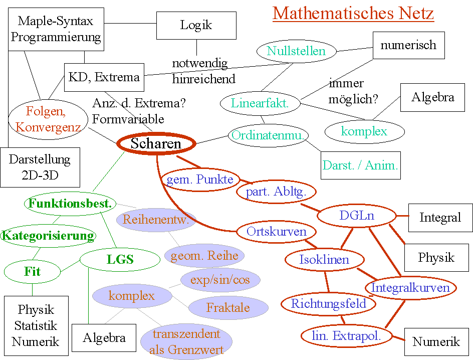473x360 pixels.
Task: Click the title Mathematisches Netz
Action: click(x=353, y=13)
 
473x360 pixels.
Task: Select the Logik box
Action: click(x=196, y=25)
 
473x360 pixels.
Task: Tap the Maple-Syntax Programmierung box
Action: click(x=56, y=29)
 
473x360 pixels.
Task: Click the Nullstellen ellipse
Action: click(x=296, y=51)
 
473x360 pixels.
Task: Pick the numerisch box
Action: click(x=408, y=45)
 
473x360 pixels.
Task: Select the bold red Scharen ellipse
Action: click(x=156, y=144)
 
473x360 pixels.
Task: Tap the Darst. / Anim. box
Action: click(x=361, y=165)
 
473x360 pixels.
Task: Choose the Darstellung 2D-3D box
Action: click(x=40, y=167)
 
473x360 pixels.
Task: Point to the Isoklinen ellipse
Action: click(x=324, y=260)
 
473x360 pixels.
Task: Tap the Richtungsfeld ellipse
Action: click(x=329, y=303)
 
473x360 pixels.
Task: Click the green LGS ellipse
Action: click(x=120, y=259)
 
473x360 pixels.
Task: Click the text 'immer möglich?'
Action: click(x=353, y=91)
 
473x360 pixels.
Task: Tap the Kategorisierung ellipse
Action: click(x=48, y=235)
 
